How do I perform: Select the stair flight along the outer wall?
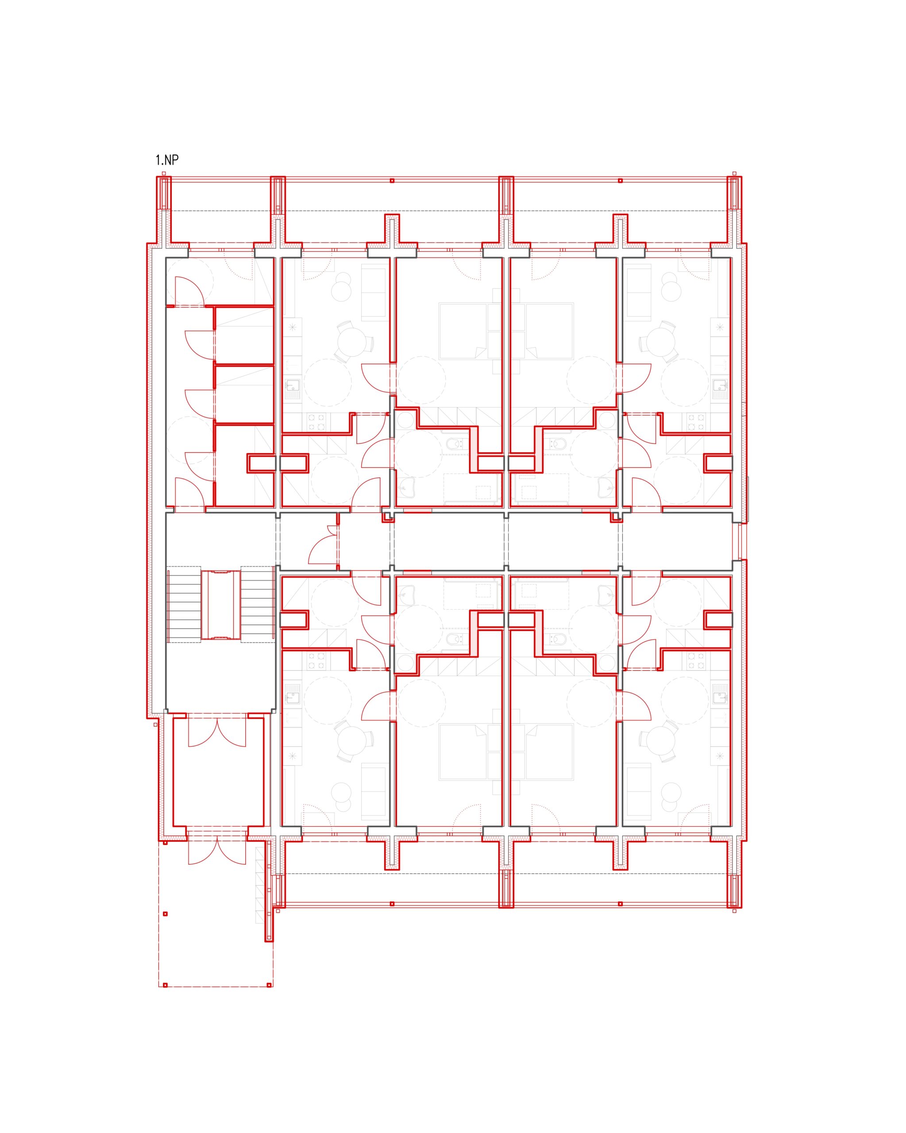184,604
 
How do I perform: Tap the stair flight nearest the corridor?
258,604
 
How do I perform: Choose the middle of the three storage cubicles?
244,394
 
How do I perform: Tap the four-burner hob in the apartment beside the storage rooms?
316,423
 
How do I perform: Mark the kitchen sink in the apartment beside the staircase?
293,697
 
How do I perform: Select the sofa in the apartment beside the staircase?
374,793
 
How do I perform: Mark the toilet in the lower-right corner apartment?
557,639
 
